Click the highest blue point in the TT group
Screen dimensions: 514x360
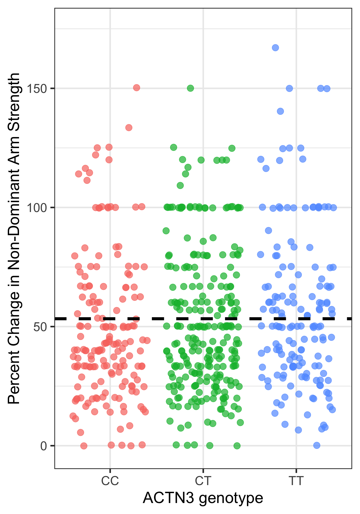tap(275, 48)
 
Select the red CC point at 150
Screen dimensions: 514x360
tap(137, 88)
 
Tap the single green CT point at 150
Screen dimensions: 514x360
tap(190, 88)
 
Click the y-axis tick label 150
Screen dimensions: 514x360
tap(37, 88)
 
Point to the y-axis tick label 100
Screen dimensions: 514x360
tap(37, 207)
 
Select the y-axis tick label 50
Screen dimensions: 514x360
tap(40, 327)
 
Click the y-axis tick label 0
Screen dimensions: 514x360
tap(44, 446)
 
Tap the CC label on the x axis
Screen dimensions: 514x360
tap(110, 481)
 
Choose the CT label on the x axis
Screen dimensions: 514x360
tap(203, 481)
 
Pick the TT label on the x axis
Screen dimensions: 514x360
tap(296, 481)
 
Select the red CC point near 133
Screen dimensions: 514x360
tap(129, 127)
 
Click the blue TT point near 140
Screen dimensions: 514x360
tap(280, 111)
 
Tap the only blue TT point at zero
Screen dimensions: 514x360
tap(317, 445)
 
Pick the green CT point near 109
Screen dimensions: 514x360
tap(180, 185)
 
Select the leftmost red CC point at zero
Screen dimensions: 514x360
tap(84, 446)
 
